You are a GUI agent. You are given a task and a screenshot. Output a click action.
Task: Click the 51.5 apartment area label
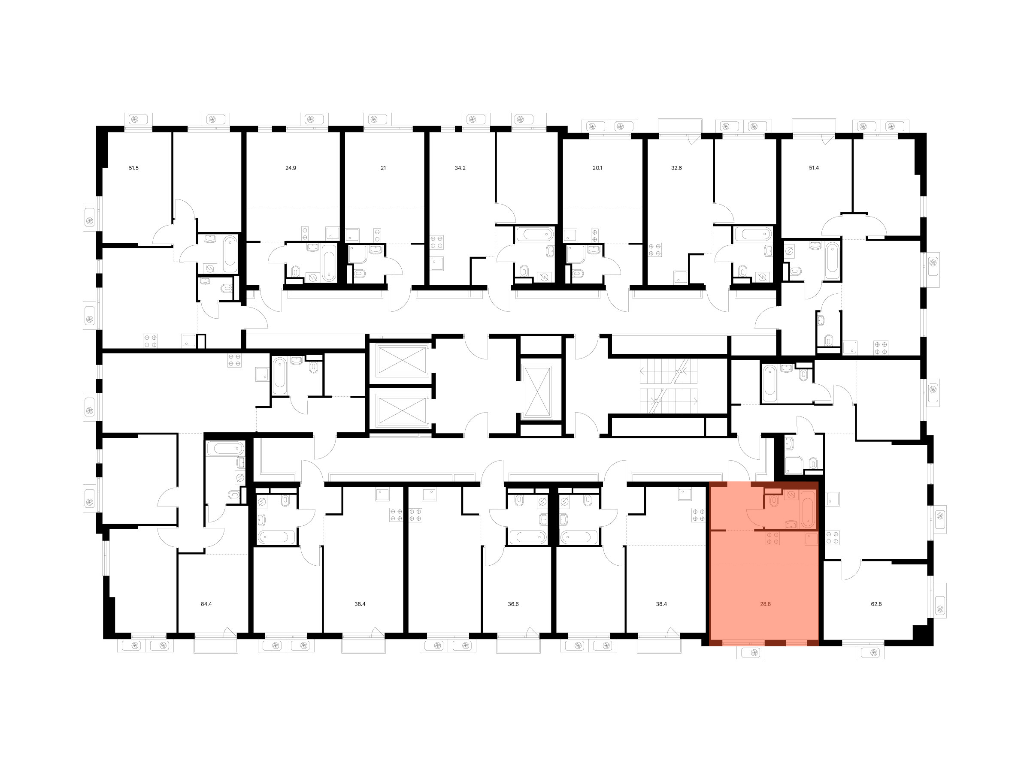[133, 168]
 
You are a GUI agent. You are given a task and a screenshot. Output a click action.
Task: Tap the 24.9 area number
[291, 168]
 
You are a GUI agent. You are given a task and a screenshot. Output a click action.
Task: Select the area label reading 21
[383, 168]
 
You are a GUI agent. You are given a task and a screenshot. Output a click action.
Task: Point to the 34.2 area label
[460, 168]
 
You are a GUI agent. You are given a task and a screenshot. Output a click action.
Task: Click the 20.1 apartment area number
[597, 168]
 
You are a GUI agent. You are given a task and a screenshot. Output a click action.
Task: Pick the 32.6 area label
[676, 168]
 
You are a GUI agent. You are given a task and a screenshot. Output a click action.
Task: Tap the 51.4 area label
[814, 168]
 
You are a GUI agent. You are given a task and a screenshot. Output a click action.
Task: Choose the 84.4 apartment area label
[206, 604]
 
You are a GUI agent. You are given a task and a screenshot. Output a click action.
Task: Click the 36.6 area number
[513, 604]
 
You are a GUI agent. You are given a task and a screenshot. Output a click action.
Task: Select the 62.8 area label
[876, 604]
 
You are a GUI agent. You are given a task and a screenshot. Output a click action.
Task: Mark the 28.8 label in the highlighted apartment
[766, 604]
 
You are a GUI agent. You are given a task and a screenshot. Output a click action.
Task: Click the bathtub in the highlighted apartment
[808, 513]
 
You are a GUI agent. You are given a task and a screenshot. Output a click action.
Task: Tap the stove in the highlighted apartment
[773, 538]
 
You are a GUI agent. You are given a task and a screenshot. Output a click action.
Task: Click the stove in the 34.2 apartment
[437, 242]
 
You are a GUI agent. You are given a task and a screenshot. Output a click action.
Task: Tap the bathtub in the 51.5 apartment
[230, 254]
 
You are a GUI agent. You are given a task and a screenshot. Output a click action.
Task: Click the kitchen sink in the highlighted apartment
[812, 539]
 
